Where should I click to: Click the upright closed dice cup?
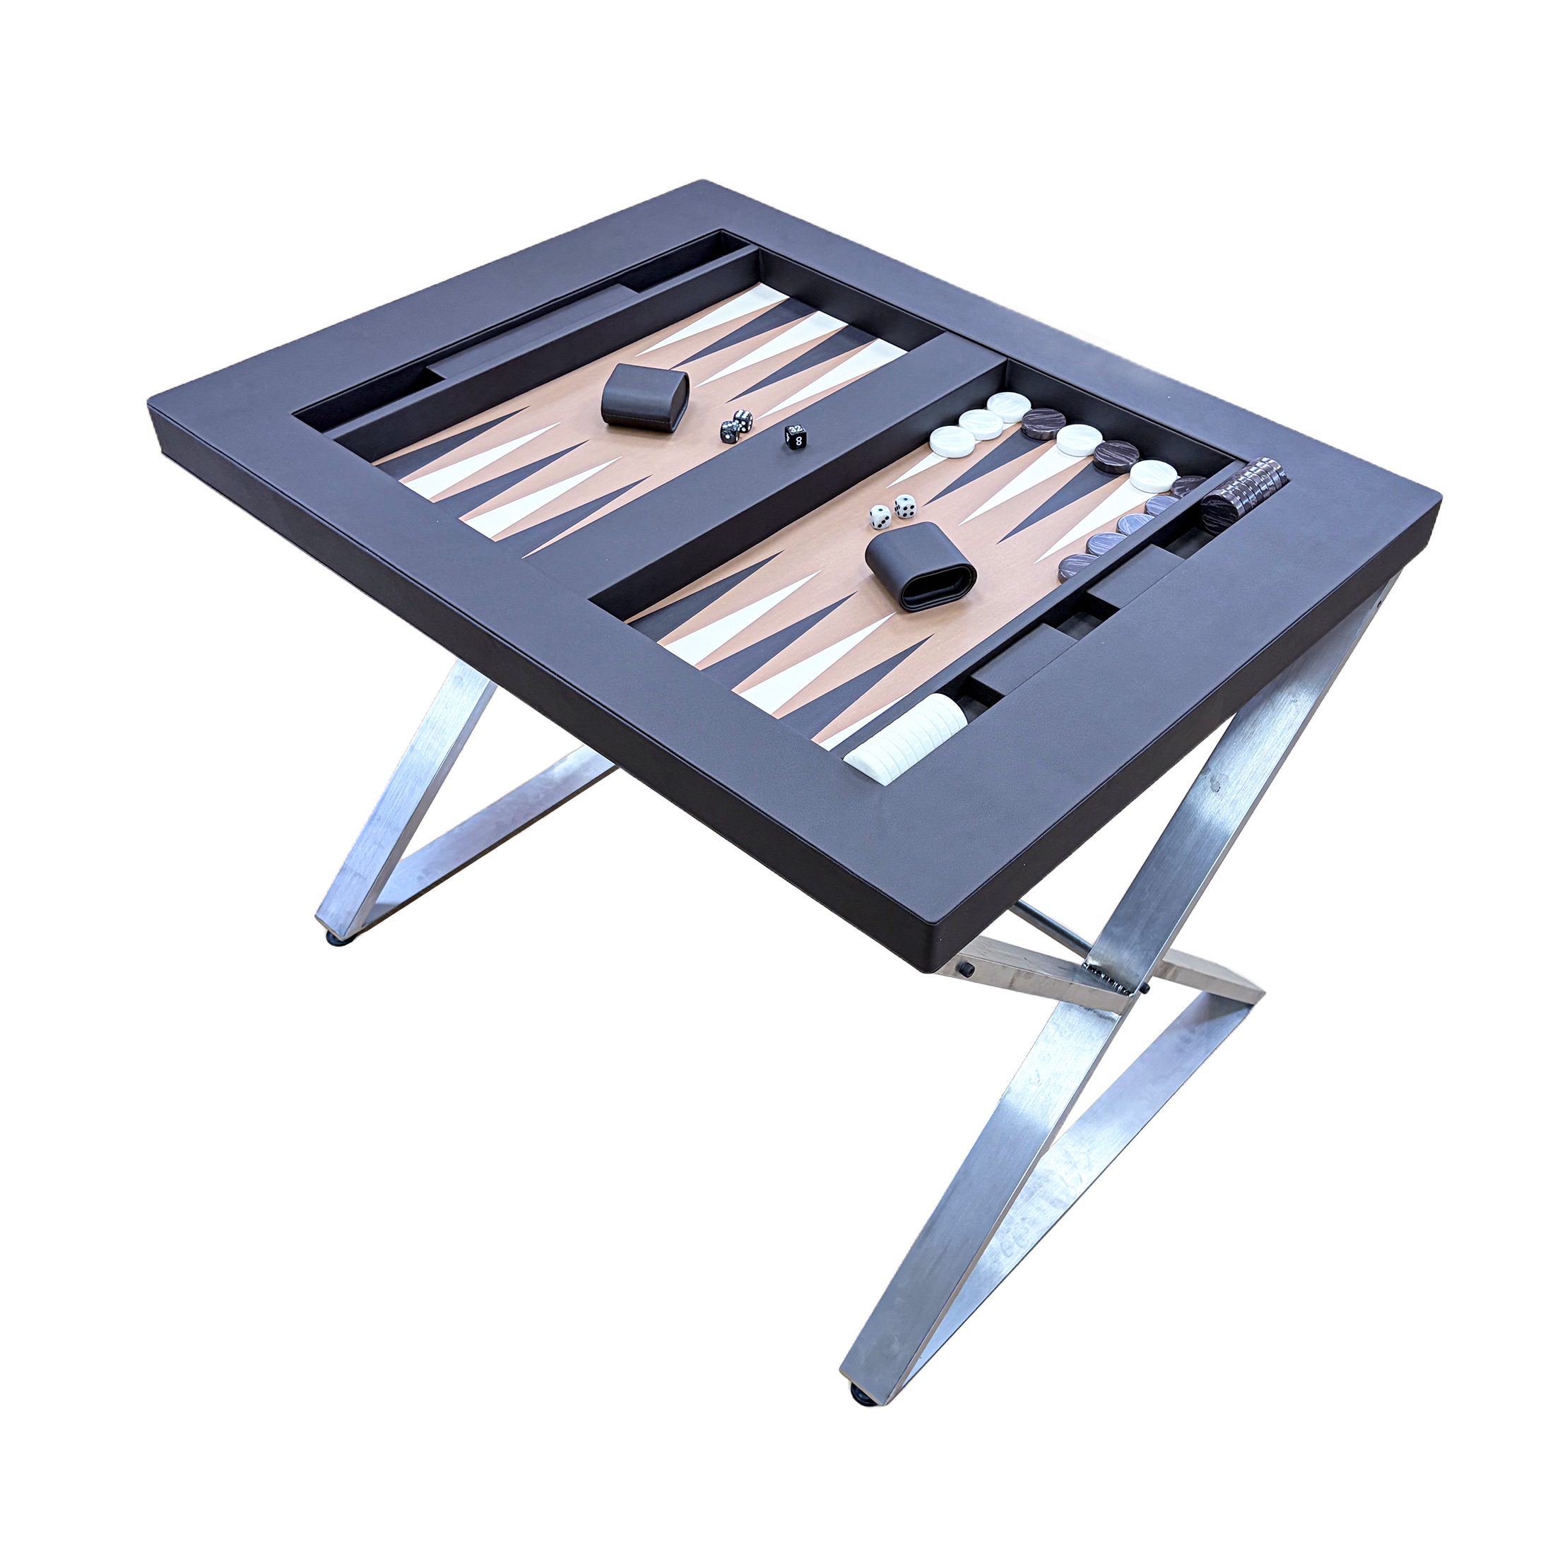click(x=644, y=396)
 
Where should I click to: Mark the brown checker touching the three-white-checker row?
click(x=1042, y=423)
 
